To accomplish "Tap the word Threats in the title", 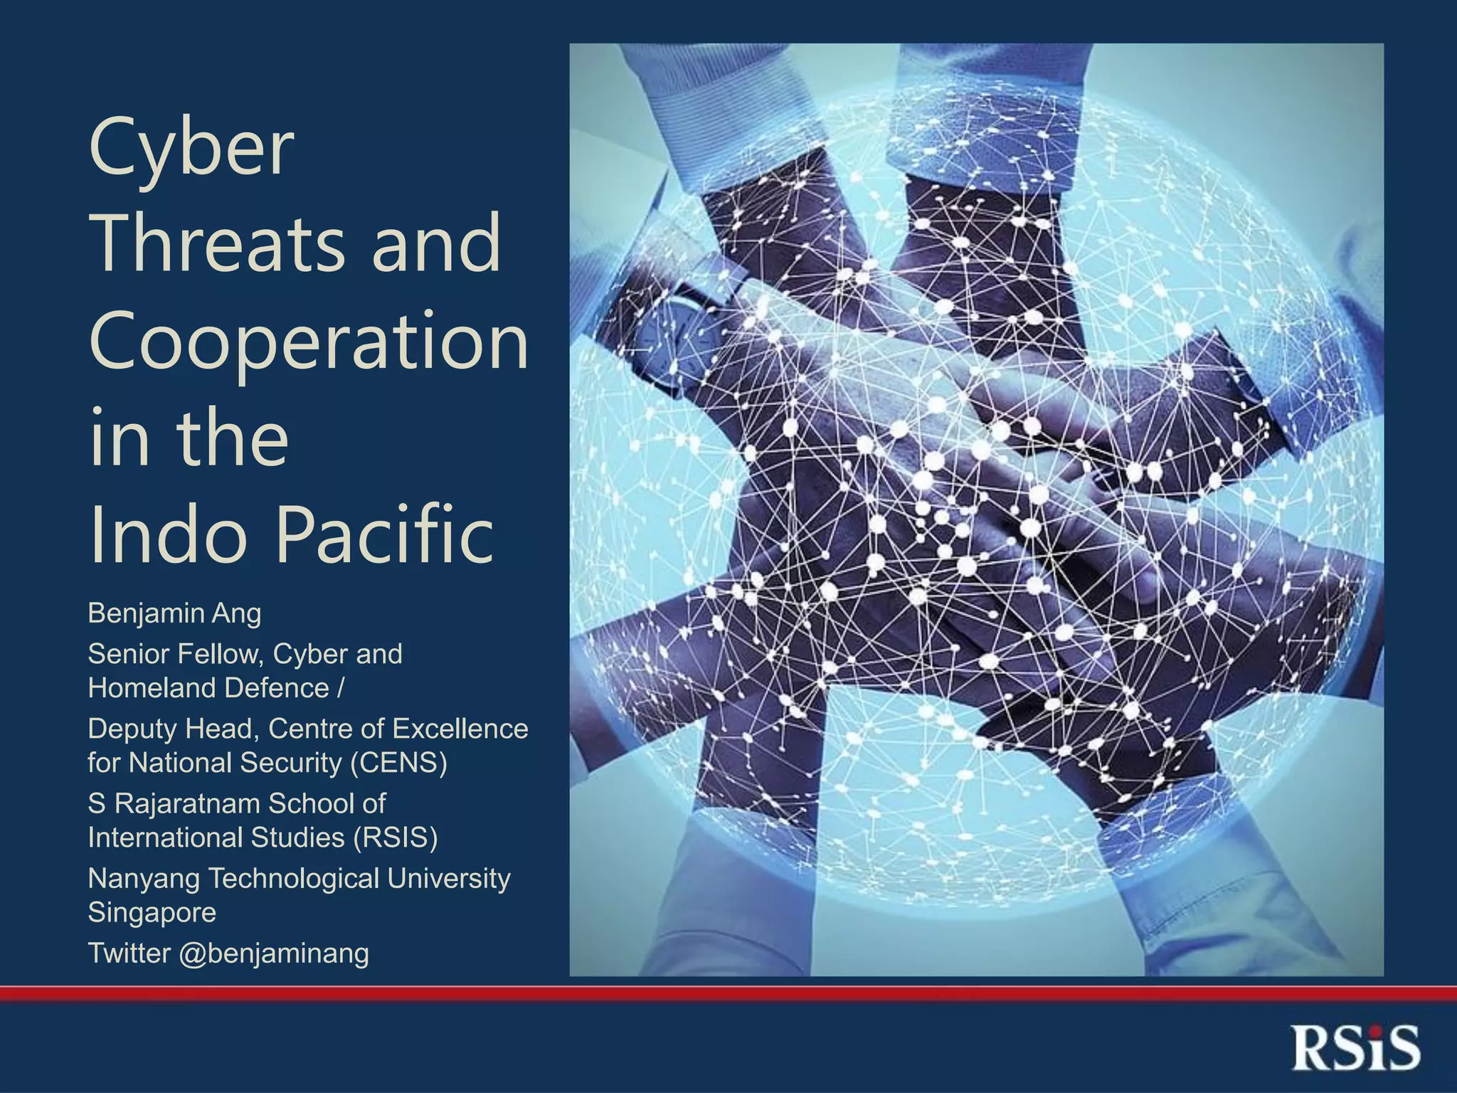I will [x=217, y=243].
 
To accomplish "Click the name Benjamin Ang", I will [x=174, y=613].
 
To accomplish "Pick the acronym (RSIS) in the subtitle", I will [x=396, y=838].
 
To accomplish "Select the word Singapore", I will [x=152, y=913].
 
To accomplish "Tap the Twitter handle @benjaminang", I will [x=274, y=954].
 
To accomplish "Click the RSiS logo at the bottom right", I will [x=1355, y=1047].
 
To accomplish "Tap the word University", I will [x=449, y=879].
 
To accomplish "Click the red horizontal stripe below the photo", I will [x=728, y=993].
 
